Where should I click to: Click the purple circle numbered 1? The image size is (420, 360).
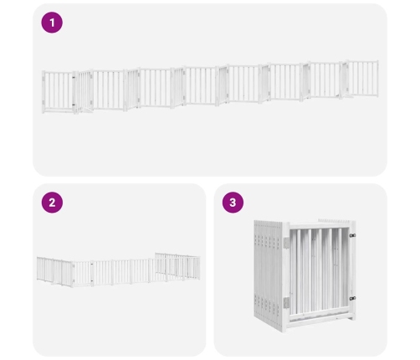pyautogui.click(x=52, y=23)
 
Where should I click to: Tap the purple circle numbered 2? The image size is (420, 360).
pyautogui.click(x=52, y=203)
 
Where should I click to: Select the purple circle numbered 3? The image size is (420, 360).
pyautogui.click(x=233, y=203)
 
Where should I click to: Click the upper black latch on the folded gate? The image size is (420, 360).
pyautogui.click(x=352, y=235)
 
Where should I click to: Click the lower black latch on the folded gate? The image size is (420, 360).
pyautogui.click(x=352, y=298)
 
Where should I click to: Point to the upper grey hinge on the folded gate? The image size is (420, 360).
pyautogui.click(x=286, y=243)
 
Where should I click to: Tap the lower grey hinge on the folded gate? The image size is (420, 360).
pyautogui.click(x=286, y=303)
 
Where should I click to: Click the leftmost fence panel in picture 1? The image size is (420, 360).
pyautogui.click(x=59, y=91)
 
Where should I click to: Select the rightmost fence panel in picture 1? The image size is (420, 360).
pyautogui.click(x=362, y=79)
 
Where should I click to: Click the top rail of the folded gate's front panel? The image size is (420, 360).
pyautogui.click(x=319, y=225)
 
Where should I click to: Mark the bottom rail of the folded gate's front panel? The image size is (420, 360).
pyautogui.click(x=319, y=317)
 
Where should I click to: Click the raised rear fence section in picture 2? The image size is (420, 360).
pyautogui.click(x=177, y=266)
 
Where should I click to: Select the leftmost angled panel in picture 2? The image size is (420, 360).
pyautogui.click(x=44, y=270)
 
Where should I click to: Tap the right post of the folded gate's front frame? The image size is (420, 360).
pyautogui.click(x=352, y=270)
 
